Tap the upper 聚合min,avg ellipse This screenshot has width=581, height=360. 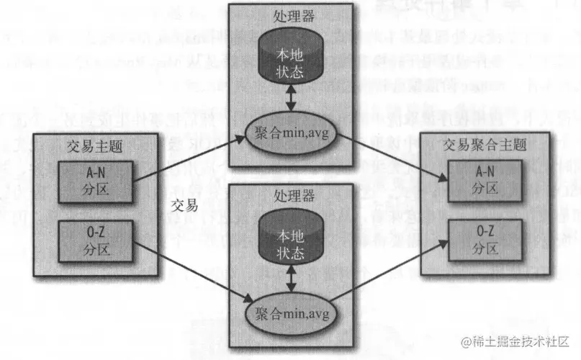(x=289, y=132)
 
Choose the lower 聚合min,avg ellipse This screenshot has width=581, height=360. (x=289, y=313)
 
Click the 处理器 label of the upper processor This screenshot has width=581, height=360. (x=289, y=16)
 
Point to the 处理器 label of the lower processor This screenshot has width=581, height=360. (x=289, y=196)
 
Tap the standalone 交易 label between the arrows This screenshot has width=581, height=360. (x=186, y=204)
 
